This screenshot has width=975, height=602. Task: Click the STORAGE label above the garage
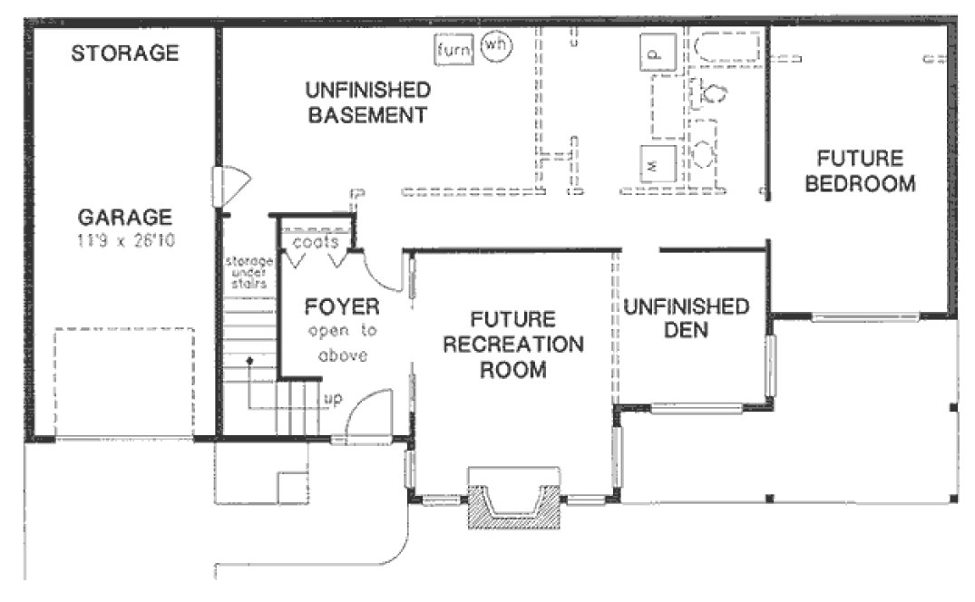pyautogui.click(x=125, y=53)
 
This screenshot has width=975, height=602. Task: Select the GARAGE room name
pyautogui.click(x=124, y=218)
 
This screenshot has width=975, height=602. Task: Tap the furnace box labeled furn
pyautogui.click(x=453, y=50)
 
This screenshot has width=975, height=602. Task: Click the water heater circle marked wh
pyautogui.click(x=494, y=45)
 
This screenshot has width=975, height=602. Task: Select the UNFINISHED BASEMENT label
pyautogui.click(x=366, y=102)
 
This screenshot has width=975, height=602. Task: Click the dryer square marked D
pyautogui.click(x=657, y=53)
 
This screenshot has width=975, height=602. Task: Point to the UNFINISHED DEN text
pyautogui.click(x=686, y=318)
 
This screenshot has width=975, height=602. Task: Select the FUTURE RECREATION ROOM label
pyautogui.click(x=512, y=345)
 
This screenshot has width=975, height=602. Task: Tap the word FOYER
pyautogui.click(x=341, y=306)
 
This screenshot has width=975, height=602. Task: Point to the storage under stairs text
pyautogui.click(x=249, y=273)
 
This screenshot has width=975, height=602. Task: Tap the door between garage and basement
pyautogui.click(x=229, y=185)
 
